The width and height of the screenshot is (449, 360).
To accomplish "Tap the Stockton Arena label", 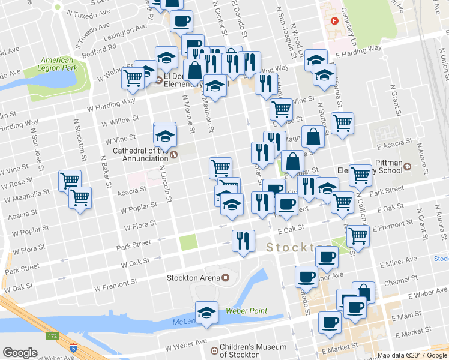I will (193, 277).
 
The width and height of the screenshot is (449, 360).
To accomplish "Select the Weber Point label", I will (246, 311).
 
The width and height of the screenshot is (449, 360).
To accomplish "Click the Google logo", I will (20, 353).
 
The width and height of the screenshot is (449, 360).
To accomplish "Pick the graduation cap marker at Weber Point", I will (206, 313).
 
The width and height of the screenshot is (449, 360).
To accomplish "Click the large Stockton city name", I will (291, 247).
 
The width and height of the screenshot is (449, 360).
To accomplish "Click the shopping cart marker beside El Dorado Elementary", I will (134, 78).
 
